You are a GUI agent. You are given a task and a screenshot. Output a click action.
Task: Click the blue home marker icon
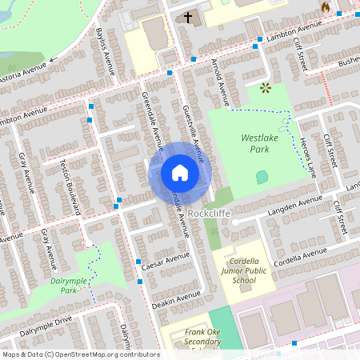point(179,173)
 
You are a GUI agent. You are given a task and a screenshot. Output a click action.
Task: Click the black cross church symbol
point(189,16)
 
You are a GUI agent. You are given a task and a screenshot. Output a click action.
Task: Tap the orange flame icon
point(325,6)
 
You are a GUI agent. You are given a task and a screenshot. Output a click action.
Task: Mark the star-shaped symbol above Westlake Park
point(265,86)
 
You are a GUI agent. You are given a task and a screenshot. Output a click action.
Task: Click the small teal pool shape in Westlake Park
point(262,176)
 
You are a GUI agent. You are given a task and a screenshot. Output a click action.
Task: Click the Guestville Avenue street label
point(193,133)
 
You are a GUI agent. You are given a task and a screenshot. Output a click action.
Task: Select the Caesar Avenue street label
point(165,259)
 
